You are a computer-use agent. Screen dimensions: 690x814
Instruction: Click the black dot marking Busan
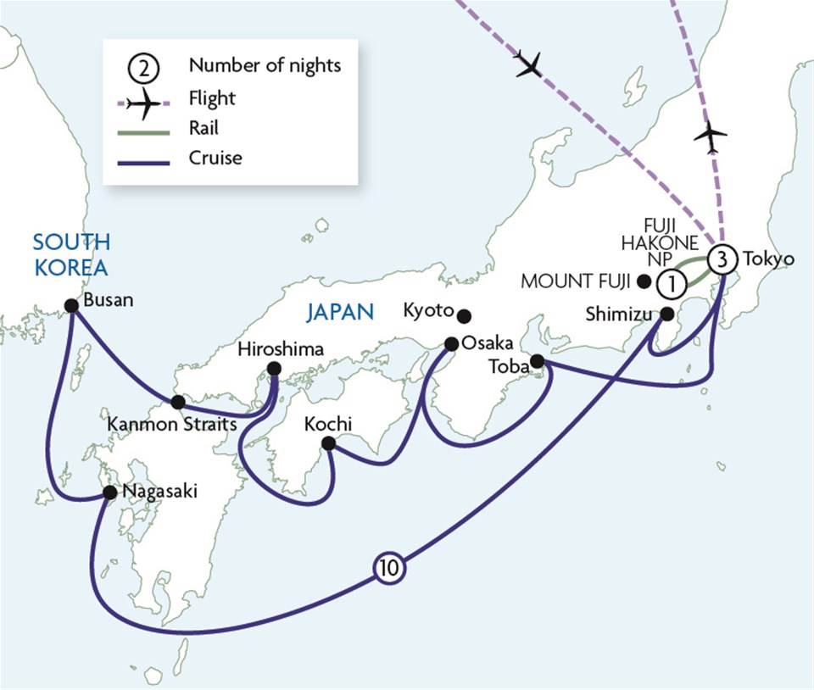71,306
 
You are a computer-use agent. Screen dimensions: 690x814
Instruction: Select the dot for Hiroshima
274,369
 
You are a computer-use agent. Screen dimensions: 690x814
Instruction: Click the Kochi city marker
329,443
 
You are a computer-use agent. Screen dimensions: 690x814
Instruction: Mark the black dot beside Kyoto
464,316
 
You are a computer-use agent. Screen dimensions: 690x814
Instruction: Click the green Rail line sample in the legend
142,128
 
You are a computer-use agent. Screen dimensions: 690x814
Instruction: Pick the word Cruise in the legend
215,158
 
